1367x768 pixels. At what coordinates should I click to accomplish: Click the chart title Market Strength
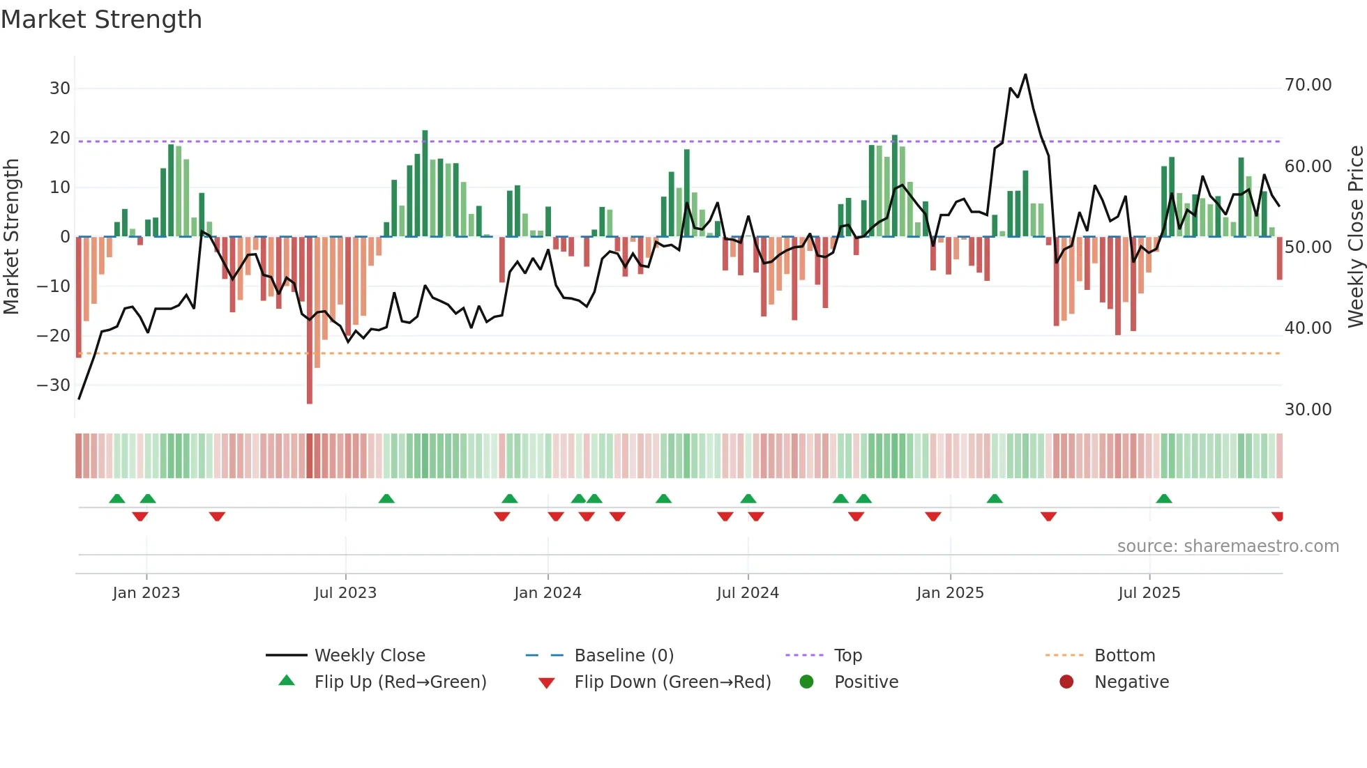coord(101,20)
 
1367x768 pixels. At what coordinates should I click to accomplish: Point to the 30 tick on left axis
coord(59,89)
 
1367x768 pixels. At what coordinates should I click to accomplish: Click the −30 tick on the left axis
coord(54,385)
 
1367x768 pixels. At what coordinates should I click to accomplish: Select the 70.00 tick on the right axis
coord(1308,85)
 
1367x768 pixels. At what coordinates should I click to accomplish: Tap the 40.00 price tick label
coord(1308,328)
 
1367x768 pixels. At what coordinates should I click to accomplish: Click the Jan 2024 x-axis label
coord(547,593)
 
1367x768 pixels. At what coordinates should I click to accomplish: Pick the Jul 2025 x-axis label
coord(1149,593)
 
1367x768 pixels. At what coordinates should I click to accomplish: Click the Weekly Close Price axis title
coord(1355,237)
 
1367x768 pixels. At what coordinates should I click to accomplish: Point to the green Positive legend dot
coord(807,682)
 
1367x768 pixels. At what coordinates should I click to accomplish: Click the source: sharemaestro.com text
coord(1228,546)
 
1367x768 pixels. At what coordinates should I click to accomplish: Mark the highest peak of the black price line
coord(1025,75)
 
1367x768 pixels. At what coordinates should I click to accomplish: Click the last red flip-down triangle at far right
coord(1278,516)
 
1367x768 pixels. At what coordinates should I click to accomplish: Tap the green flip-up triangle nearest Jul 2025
coord(1164,498)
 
